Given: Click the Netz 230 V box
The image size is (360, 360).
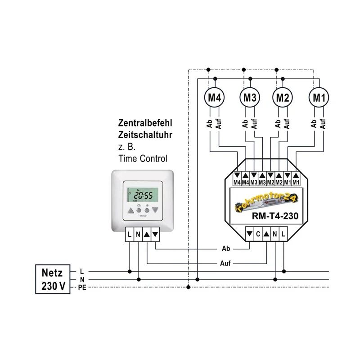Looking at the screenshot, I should (53, 279).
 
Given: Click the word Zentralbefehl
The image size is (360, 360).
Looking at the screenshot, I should (145, 122).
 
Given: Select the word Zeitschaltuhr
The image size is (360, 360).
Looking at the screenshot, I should (145, 134).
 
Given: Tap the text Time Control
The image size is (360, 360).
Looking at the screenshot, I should (143, 158).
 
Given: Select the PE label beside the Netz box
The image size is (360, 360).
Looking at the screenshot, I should (82, 287).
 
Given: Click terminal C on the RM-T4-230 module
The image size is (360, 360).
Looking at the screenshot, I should (258, 234).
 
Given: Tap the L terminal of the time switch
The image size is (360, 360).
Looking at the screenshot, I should (130, 234).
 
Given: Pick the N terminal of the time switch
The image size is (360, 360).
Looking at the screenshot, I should (138, 234).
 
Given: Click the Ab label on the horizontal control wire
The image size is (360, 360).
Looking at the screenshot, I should (226, 248).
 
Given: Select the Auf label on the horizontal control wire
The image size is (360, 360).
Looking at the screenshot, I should (226, 264).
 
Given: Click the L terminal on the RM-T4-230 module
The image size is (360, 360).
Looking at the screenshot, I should (283, 234).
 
